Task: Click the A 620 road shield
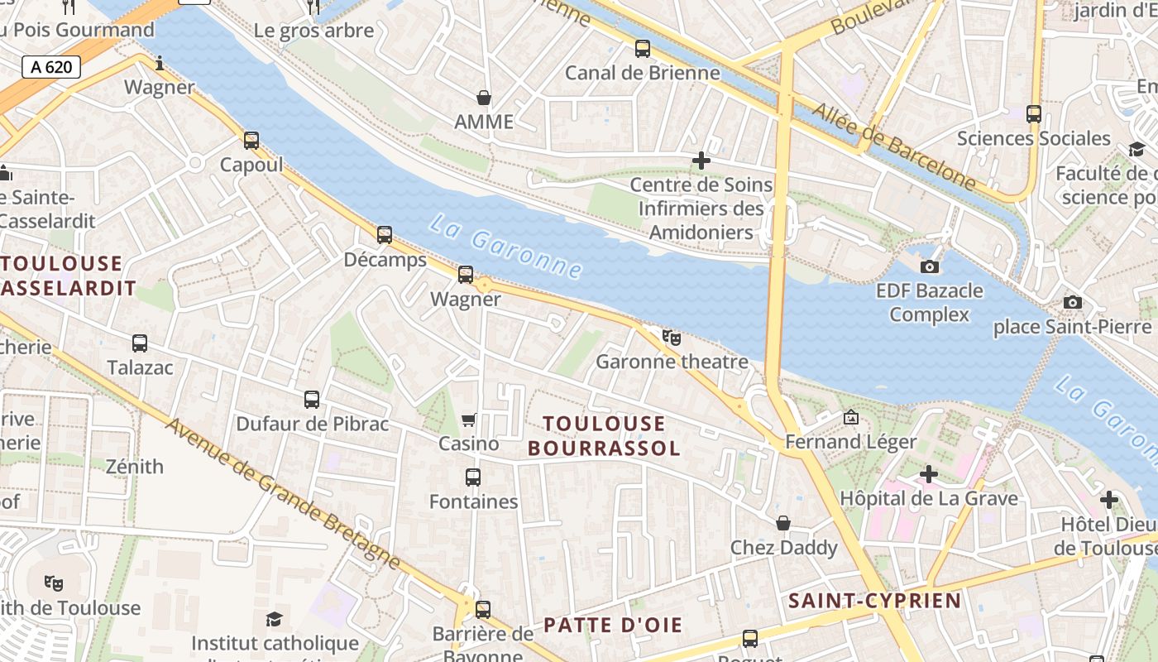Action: click(51, 67)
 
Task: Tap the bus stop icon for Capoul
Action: click(251, 141)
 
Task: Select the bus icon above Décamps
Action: click(385, 235)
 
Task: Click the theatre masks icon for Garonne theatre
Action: click(672, 338)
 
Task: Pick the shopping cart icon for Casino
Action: click(469, 420)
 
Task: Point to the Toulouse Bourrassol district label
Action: click(604, 436)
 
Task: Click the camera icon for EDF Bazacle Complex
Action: click(930, 266)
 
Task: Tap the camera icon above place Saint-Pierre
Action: click(1073, 302)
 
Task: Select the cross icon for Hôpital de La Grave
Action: click(929, 474)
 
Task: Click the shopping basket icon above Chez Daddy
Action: click(783, 523)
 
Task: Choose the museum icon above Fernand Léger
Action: click(850, 417)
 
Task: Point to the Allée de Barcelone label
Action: click(894, 146)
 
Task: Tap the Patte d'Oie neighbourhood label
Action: click(613, 625)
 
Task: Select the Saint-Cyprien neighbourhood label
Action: click(875, 601)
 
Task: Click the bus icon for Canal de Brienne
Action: click(643, 49)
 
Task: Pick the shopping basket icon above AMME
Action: click(484, 98)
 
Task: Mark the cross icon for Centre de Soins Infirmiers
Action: click(701, 161)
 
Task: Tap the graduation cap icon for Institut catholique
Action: click(275, 619)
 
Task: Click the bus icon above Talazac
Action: click(140, 343)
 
